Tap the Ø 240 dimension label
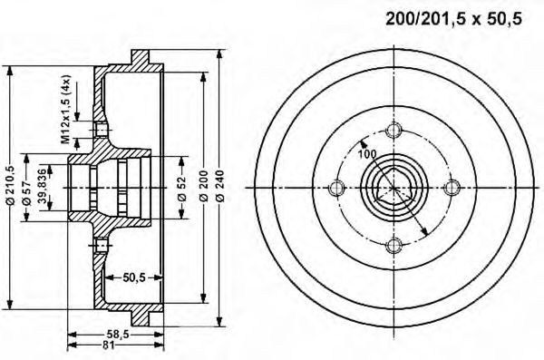[x=220, y=188]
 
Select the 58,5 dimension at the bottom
[x=114, y=333]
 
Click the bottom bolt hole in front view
[x=393, y=244]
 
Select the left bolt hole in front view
[x=338, y=190]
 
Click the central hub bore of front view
[x=393, y=190]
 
